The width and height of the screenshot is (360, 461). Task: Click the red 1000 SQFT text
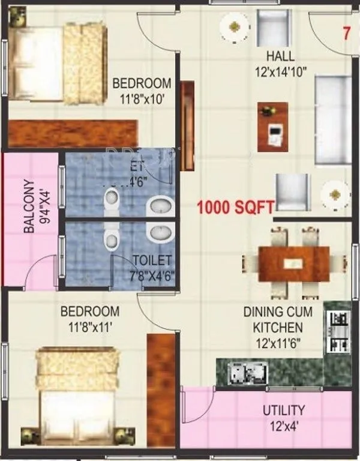pos(236,208)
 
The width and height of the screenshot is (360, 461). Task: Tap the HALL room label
pos(281,57)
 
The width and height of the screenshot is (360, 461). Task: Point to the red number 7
pos(346,34)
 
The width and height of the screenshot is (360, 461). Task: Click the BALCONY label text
pos(28,207)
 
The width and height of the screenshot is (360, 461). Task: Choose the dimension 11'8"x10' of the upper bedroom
pos(142,97)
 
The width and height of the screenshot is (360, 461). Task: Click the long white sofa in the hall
pos(333,119)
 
